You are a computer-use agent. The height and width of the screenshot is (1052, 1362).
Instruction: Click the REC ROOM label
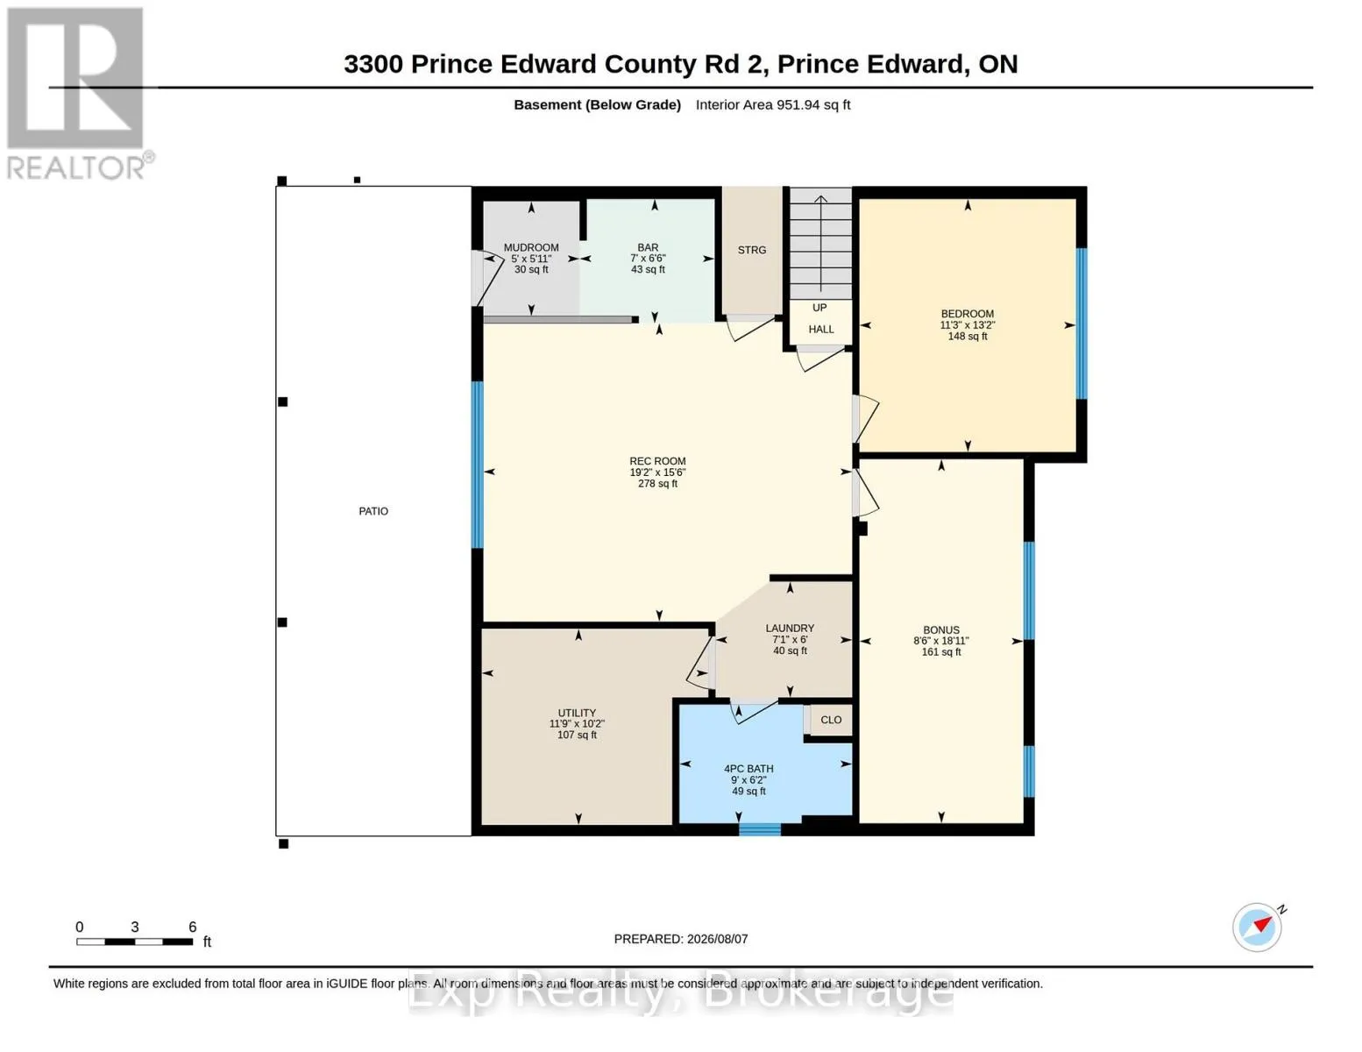[657, 461]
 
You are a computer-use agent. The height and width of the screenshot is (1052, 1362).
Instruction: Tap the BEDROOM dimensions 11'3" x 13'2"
[967, 324]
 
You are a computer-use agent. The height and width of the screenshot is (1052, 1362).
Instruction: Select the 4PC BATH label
[748, 769]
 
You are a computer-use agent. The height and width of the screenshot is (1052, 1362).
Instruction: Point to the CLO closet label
[831, 720]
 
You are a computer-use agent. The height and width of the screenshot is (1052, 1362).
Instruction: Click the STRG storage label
[751, 250]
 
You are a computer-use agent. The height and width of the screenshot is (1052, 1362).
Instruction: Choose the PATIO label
[373, 512]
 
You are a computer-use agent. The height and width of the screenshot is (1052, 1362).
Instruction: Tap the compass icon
[1259, 928]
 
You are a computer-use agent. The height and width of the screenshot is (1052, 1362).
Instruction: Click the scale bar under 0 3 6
[135, 942]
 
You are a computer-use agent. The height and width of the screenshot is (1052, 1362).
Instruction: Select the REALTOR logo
[77, 93]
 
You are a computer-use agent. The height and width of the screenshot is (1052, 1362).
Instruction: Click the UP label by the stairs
[819, 308]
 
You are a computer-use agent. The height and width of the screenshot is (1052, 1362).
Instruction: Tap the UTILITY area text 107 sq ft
[577, 735]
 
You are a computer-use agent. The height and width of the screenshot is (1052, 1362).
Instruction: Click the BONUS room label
[940, 630]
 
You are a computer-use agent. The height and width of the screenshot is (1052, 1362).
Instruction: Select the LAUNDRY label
[790, 629]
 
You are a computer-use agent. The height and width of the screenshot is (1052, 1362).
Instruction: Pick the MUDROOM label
[531, 247]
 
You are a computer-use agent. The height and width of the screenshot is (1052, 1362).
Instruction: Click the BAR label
[648, 247]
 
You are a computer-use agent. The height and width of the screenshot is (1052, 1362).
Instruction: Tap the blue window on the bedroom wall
[1082, 323]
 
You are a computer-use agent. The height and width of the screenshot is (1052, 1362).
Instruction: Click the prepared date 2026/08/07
[717, 939]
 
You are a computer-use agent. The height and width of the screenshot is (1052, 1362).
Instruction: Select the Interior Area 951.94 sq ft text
[773, 105]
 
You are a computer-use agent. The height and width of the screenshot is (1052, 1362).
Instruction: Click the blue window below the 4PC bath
[760, 830]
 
